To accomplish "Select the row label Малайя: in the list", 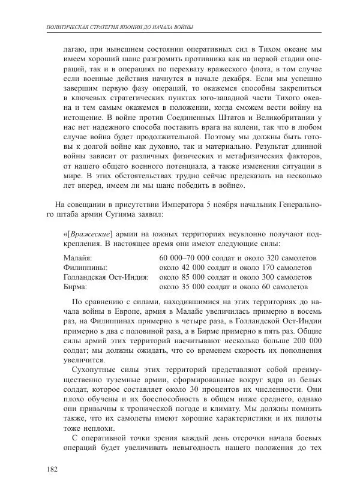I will [x=77, y=258].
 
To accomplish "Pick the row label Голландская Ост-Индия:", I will [x=106, y=277].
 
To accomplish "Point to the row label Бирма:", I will [x=77, y=287].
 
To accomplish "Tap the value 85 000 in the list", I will [x=193, y=277].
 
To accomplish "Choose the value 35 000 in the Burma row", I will [x=193, y=287].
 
